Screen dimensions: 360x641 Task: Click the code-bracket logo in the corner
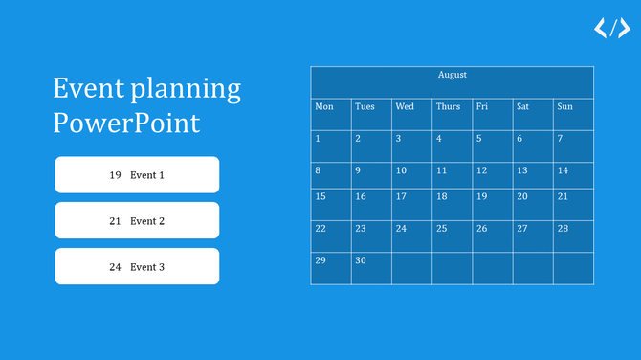612,29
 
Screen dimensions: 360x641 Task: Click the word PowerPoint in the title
127,124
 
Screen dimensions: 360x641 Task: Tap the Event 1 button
137,175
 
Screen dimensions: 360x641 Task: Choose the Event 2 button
137,221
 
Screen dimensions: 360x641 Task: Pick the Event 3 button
137,267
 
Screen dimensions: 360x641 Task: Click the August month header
452,76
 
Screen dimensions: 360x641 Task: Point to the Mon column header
330,107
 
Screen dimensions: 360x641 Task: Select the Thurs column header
452,107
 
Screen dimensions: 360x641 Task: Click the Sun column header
573,107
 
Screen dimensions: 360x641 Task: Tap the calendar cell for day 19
492,203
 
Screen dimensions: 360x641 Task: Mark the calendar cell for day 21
573,203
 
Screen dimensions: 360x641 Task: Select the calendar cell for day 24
411,236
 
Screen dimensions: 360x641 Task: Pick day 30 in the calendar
371,267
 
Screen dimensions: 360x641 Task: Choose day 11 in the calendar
452,174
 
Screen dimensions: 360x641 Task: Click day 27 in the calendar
533,236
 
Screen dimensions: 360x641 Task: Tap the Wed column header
411,107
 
